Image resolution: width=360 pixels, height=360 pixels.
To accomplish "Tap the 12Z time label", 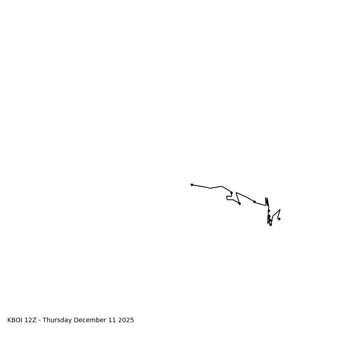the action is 31,320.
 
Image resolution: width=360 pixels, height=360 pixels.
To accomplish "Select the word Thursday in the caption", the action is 57,320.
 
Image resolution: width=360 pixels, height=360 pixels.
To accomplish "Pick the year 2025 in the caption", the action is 126,320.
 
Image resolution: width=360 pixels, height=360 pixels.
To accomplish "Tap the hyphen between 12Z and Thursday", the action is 40,320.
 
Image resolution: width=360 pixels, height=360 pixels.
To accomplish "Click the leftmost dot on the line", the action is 192,184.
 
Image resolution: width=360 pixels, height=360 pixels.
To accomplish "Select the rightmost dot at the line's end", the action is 279,219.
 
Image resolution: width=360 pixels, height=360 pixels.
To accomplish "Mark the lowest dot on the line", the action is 270,225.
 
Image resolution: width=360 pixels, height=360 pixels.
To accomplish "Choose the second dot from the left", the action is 231,193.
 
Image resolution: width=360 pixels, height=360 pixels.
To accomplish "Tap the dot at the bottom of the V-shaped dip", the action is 239,203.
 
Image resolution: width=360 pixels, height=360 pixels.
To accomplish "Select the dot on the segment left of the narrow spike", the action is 254,202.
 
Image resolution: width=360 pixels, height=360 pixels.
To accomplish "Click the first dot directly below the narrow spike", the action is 269,211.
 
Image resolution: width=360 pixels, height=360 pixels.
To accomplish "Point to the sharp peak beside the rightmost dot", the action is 280,210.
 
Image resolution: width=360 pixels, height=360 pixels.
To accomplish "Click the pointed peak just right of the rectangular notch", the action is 236,193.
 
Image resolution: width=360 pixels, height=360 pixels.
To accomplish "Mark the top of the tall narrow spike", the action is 266,198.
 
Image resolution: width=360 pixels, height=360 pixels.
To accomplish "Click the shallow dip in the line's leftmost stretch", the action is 210,188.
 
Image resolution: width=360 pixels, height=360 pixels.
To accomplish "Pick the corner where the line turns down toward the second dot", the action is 222,186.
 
